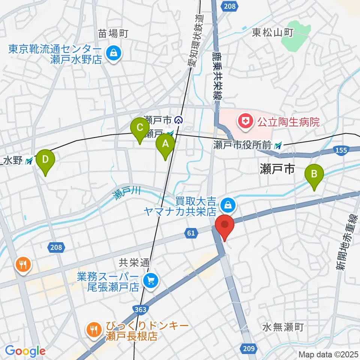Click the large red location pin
225,226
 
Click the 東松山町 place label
272,33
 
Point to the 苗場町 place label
114,34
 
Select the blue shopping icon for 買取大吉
227,205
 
